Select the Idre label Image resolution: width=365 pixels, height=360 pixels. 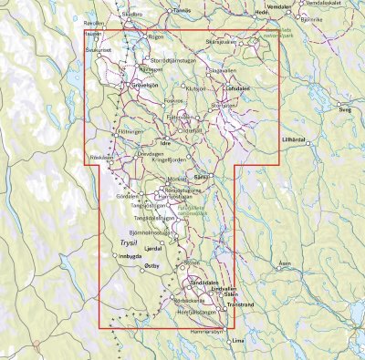165,143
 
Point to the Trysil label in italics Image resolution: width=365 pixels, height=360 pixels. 131,243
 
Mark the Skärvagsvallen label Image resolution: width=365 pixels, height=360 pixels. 227,42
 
